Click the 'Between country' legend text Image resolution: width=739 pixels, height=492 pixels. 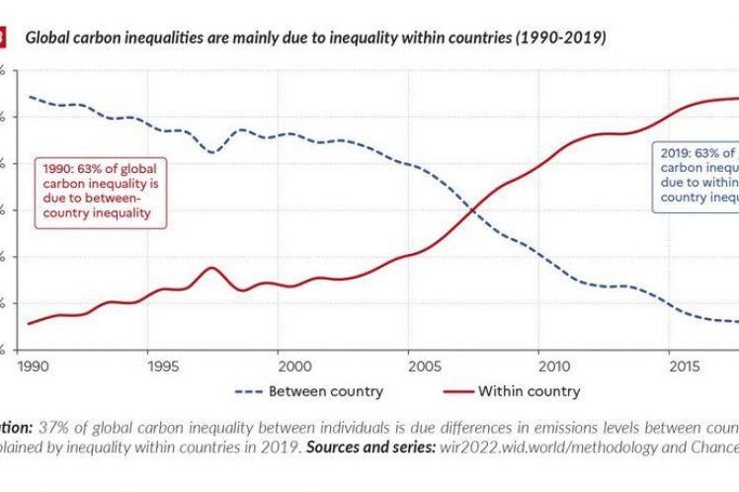(326, 391)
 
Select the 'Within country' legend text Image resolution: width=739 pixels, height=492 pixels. (529, 391)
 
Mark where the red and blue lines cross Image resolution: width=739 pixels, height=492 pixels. (473, 209)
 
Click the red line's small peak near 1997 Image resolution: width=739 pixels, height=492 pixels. (210, 268)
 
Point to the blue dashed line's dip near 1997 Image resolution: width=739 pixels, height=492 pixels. (210, 152)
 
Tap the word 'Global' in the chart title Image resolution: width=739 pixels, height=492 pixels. (46, 39)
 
